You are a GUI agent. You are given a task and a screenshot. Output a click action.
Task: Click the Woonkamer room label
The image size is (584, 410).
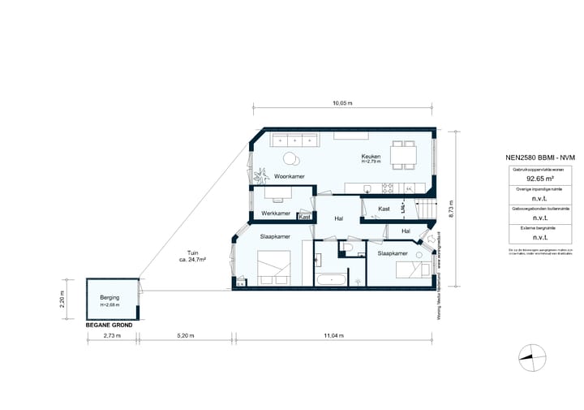point(290,176)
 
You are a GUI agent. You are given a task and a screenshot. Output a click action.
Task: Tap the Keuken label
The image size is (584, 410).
point(371,158)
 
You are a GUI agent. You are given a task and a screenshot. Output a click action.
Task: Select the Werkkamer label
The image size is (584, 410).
point(276,214)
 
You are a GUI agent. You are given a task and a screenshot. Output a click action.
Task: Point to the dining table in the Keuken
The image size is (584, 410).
point(401,153)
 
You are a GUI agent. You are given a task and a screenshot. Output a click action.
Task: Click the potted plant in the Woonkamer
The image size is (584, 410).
point(262,175)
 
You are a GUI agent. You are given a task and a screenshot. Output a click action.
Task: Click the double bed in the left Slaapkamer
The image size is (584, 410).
point(273,265)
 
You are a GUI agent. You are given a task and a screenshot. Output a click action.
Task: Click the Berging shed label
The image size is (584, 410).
point(109,298)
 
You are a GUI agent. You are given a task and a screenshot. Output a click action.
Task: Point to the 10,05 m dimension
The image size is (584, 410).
point(343,104)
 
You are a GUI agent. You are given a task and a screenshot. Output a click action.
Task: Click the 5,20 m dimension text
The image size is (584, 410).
point(185,335)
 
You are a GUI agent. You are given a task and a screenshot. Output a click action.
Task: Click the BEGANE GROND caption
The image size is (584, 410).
point(110,324)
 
